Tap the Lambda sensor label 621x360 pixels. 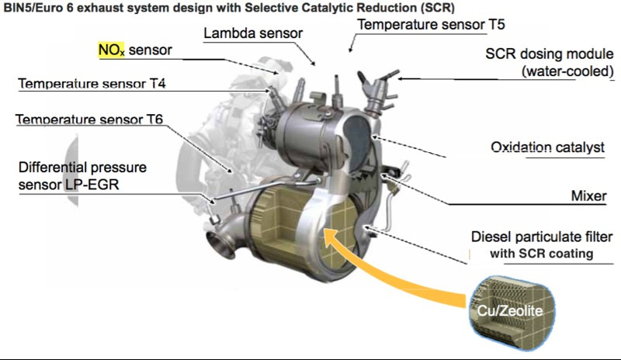point(253,33)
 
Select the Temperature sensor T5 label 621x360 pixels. point(431,24)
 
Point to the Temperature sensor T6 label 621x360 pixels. point(92,120)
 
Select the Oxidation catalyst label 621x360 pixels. point(548,147)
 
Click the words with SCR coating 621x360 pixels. point(558,254)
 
